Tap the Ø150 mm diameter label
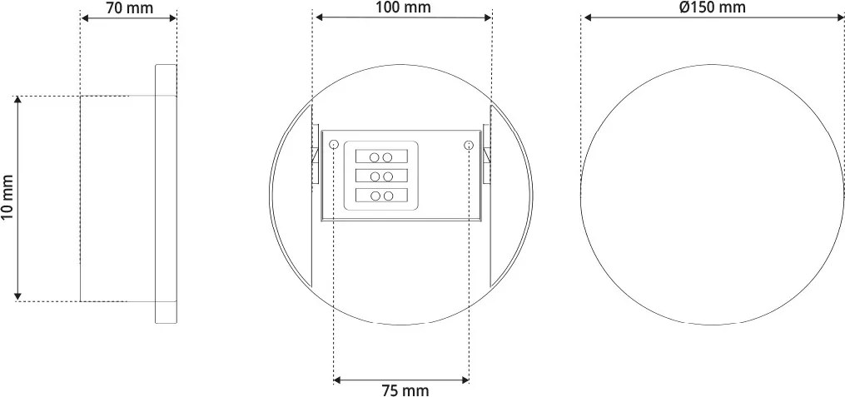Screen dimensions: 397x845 712,7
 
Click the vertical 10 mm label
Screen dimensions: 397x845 7,198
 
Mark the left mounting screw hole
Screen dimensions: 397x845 334,145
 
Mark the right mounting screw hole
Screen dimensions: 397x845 469,145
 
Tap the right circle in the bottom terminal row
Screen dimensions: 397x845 388,196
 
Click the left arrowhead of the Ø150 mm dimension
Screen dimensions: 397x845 586,17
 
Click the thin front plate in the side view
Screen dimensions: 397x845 167,195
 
